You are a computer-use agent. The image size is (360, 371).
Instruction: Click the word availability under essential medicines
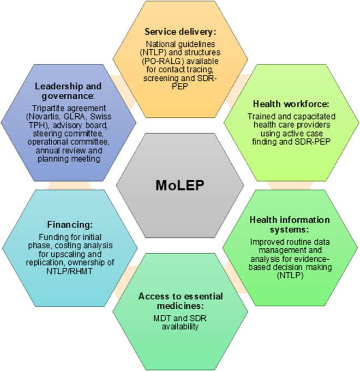point(179,326)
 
